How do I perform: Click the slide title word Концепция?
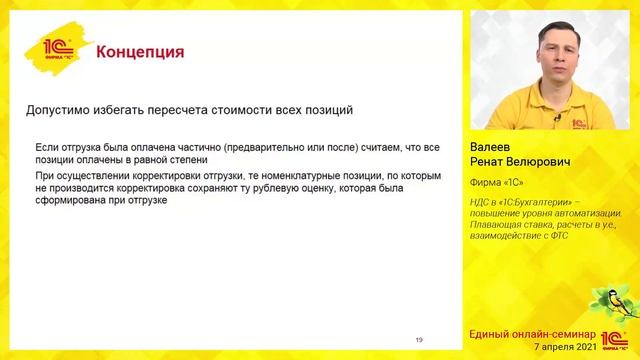click(140, 52)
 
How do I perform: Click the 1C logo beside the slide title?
click(60, 52)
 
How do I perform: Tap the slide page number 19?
click(419, 340)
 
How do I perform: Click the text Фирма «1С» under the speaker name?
click(497, 182)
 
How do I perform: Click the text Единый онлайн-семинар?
click(532, 332)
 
